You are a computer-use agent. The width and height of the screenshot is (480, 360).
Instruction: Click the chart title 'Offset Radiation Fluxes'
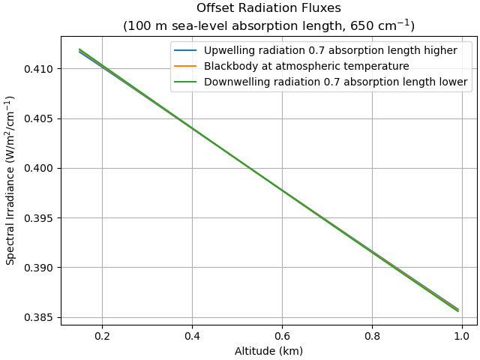268,9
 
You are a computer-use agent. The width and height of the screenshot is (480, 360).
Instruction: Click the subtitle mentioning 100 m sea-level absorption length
268,26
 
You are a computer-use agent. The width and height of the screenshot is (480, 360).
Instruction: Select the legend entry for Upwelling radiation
330,50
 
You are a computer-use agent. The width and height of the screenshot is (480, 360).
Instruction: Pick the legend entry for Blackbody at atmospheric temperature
306,66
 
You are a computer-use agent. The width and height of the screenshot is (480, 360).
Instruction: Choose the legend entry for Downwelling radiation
335,82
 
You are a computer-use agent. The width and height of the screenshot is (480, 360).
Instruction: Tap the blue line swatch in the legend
187,50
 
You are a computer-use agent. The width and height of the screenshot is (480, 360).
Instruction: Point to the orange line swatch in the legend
187,66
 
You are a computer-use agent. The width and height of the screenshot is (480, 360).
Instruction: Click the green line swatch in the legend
187,82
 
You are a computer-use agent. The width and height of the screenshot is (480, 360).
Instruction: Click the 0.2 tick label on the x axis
102,337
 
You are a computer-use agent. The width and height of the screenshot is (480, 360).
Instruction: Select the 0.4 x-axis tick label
192,337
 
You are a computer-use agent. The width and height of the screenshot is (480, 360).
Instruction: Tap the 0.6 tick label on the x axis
282,337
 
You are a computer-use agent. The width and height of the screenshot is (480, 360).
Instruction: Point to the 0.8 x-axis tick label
372,337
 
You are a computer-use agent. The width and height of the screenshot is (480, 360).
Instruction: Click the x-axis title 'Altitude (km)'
268,351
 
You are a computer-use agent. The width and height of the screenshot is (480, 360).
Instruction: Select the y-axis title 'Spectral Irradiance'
10,180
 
